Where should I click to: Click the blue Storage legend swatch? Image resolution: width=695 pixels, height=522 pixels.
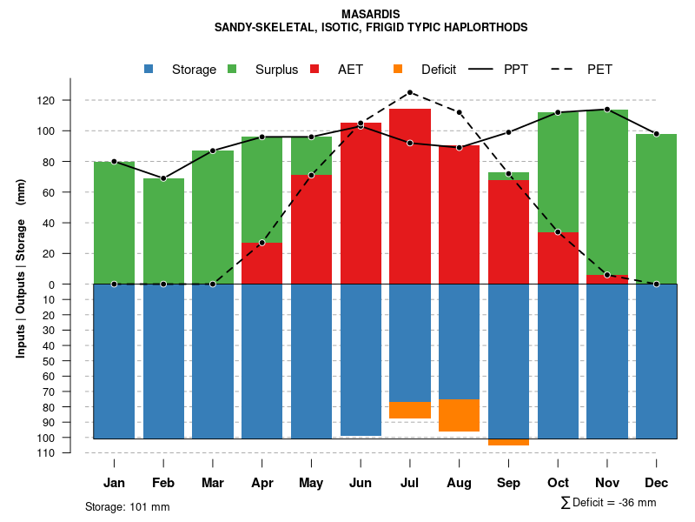tap(149, 69)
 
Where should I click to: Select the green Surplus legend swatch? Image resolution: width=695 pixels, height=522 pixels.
tap(232, 69)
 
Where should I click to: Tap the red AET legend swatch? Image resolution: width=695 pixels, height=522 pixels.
tap(315, 69)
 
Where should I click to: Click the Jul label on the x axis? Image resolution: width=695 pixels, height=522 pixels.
tap(410, 483)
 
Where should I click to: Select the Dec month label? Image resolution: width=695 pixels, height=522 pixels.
tap(656, 483)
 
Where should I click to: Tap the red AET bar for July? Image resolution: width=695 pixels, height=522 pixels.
tap(410, 196)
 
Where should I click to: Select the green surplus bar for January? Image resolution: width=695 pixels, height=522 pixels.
tap(114, 222)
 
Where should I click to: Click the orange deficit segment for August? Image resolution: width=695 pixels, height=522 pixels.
tap(459, 416)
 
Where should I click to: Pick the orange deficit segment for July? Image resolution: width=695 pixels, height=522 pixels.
tap(410, 410)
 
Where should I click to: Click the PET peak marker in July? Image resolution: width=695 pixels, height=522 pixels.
tap(410, 92)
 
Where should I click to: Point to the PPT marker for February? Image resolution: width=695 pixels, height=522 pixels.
tap(163, 178)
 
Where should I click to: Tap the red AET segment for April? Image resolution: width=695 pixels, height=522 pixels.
tap(261, 263)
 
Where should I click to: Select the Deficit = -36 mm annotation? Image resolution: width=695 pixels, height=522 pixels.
tap(609, 503)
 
